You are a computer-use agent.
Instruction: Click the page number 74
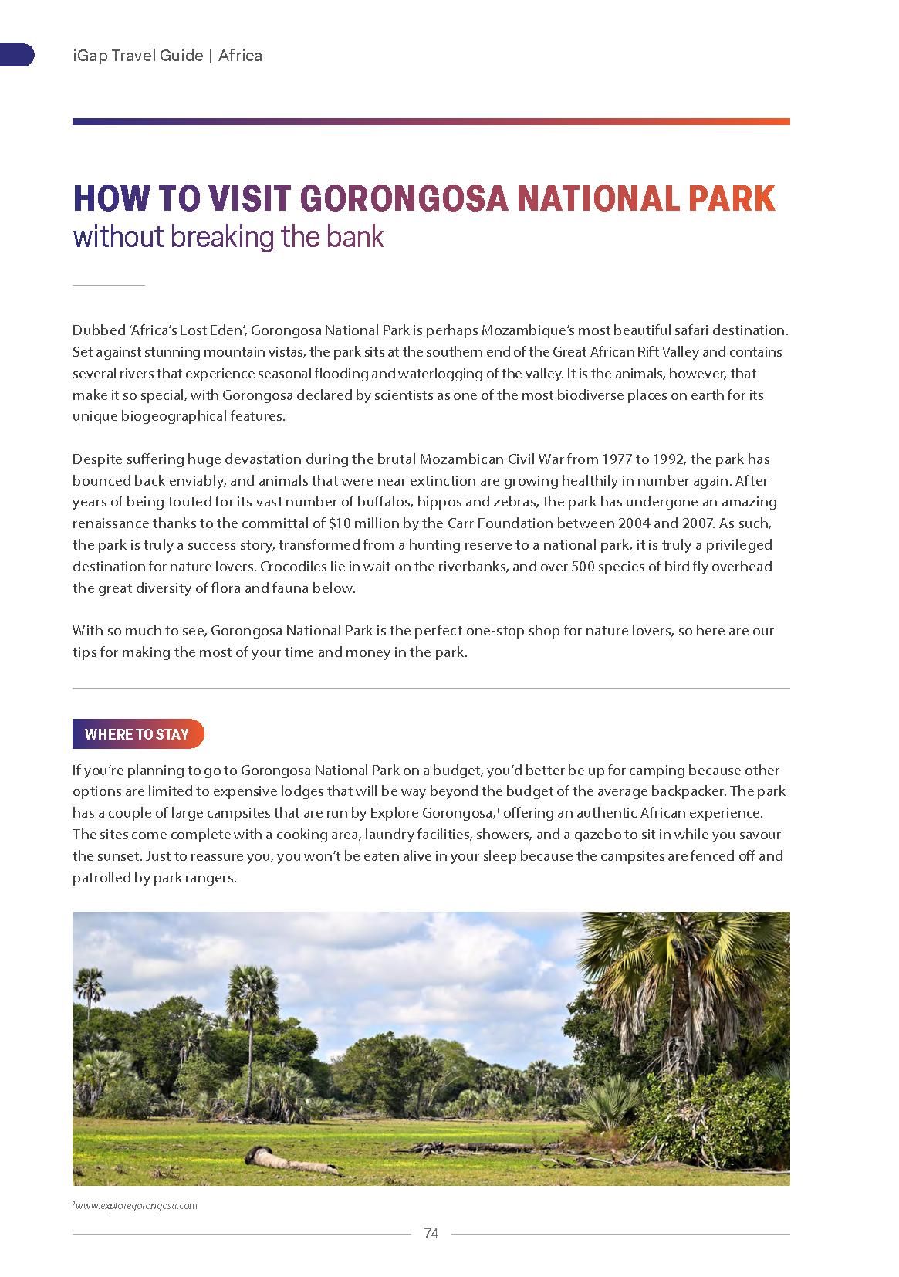431,1234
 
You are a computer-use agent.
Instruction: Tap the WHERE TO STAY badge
137,734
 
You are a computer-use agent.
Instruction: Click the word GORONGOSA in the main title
403,198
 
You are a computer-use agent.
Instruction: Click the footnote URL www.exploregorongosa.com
136,1205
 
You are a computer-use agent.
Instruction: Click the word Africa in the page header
241,56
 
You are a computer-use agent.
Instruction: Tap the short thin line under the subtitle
109,286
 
